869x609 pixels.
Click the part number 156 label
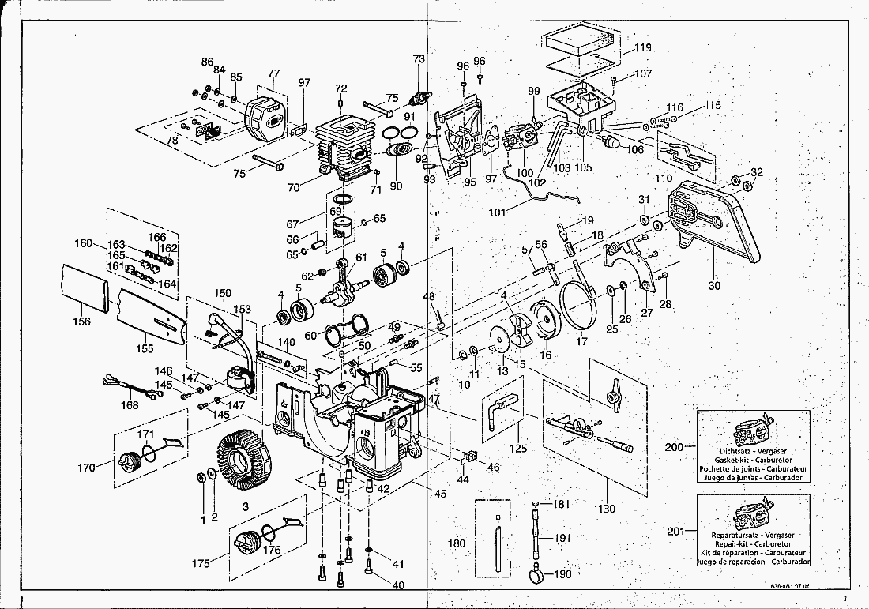click(x=81, y=321)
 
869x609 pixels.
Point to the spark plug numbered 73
click(x=421, y=100)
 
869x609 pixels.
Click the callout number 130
click(x=606, y=509)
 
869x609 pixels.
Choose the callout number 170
click(x=87, y=468)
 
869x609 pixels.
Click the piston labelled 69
click(x=348, y=230)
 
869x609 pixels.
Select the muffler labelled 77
click(x=267, y=119)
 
